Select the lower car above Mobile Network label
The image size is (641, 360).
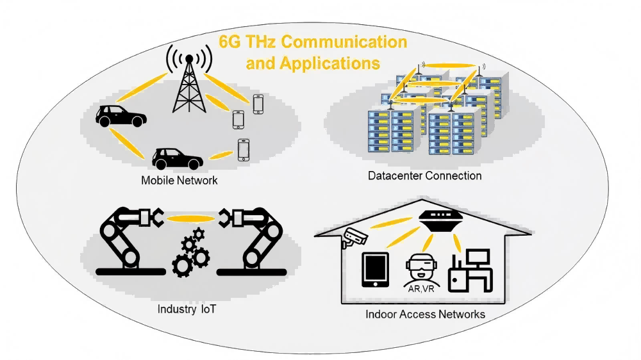coord(177,157)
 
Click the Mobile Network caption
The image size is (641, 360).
coord(179,181)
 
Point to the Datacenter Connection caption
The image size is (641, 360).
coord(425,176)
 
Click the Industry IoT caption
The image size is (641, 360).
coord(187,309)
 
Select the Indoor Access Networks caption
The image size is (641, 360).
coord(425,315)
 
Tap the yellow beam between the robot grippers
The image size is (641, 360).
coord(190,218)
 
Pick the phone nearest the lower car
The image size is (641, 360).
coord(243,150)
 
